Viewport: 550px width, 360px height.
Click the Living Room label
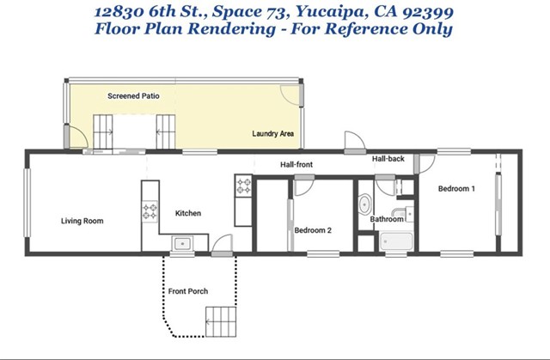point(82,221)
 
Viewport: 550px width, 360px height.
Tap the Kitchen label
point(188,213)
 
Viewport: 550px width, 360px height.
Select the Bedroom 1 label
point(456,188)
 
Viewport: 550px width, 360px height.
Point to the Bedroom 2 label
point(313,230)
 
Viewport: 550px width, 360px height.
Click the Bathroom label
point(387,219)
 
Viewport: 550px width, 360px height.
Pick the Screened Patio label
point(133,96)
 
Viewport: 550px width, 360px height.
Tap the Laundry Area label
point(273,133)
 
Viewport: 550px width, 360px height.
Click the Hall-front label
point(296,164)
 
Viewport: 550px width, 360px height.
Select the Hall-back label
point(388,159)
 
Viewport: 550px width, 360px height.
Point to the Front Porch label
point(188,291)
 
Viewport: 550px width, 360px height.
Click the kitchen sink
point(182,243)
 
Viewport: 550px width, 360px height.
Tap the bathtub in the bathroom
point(396,241)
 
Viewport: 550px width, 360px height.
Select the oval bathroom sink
point(364,204)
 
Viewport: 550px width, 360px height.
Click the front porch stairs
point(221,322)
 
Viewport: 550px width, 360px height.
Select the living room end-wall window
point(27,204)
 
